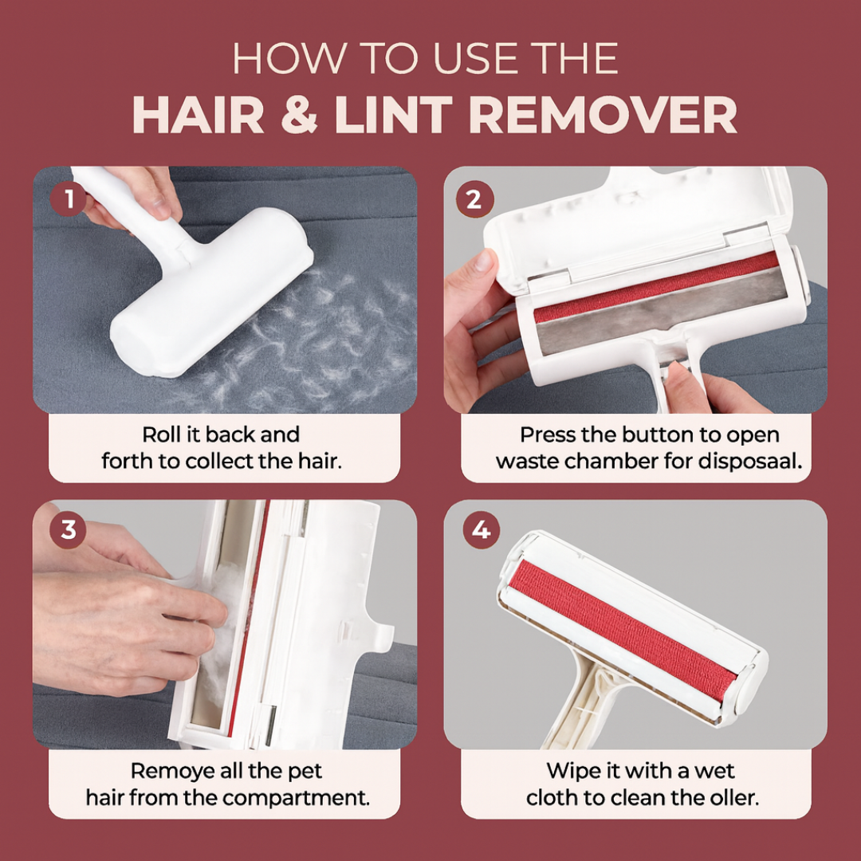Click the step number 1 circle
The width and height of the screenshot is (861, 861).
[x=69, y=199]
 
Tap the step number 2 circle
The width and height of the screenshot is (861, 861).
[x=474, y=199]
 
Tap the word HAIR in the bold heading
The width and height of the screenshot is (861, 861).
[x=198, y=116]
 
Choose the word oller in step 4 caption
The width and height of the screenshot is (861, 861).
[x=731, y=798]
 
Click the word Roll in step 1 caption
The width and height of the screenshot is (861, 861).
[x=160, y=435]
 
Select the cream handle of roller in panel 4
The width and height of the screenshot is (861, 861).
[x=581, y=702]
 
